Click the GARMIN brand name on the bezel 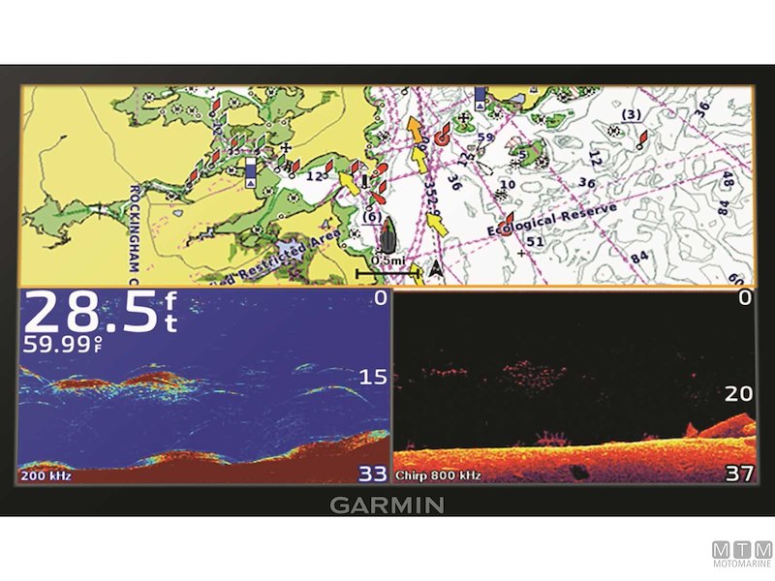(x=387, y=505)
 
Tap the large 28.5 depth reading (x=90, y=312)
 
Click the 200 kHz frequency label (x=46, y=475)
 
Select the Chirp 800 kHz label (x=439, y=475)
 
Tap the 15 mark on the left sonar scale (x=372, y=376)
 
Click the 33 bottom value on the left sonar (x=373, y=474)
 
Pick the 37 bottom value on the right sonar (x=738, y=474)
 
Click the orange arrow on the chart (x=416, y=130)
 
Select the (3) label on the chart (x=631, y=115)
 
